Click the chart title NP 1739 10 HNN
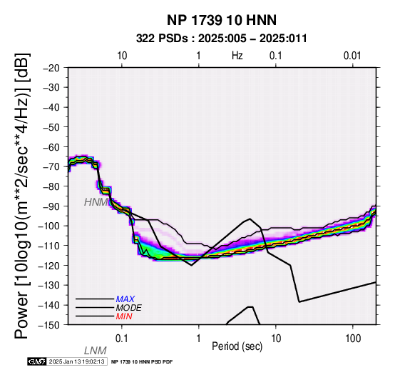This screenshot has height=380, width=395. pos(222,20)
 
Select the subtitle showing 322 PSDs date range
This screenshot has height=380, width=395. pos(222,39)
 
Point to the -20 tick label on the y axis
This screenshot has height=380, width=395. pos(51,68)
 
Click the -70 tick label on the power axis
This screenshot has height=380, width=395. pos(51,166)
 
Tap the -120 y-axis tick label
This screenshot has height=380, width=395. pos(49,266)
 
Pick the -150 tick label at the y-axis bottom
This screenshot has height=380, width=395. pos(49,325)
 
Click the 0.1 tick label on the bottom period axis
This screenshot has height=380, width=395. pos(122,339)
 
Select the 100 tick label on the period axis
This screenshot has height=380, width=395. pos(353,339)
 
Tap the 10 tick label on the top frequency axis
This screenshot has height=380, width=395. pos(122,56)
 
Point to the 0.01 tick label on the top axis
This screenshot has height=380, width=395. pos(352,56)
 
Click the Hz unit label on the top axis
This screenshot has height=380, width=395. pos(237,56)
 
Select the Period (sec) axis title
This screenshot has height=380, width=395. pos(237,346)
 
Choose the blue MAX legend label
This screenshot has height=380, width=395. pos(125,299)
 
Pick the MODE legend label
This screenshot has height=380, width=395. pos(129,308)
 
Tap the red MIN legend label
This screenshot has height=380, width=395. pos(124,316)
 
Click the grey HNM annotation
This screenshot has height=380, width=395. pos(96,202)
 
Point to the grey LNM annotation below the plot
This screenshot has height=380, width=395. pos(96,351)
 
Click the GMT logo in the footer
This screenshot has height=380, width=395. pos(37,361)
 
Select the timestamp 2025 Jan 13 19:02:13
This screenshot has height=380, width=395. pos(76,361)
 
